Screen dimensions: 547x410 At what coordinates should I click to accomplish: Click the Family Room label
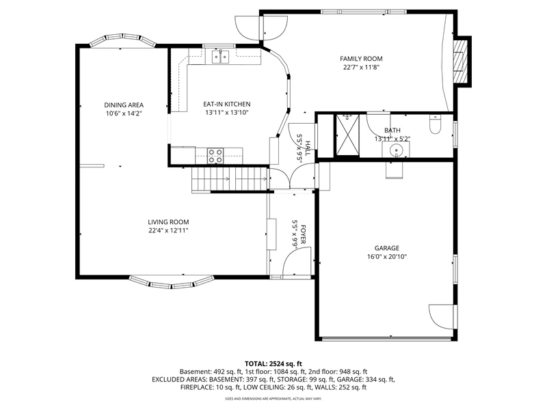point(361,59)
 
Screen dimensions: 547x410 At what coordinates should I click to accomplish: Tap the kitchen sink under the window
point(220,57)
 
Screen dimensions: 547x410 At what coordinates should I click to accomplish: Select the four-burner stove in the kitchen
point(215,156)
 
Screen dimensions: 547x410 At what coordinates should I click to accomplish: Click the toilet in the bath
point(435,124)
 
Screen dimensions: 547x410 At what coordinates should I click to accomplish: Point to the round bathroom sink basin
point(396,150)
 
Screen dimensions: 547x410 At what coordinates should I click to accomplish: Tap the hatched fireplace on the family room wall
point(459,61)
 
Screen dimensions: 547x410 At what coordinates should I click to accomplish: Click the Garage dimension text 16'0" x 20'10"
point(387,257)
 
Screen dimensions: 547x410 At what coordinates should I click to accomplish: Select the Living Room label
point(168,221)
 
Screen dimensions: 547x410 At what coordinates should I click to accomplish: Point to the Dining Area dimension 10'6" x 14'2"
point(124,113)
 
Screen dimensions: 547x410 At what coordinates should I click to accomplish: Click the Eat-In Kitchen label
point(227,104)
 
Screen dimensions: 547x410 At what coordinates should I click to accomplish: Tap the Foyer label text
point(303,234)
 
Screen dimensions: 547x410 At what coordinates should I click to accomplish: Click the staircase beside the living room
point(230,179)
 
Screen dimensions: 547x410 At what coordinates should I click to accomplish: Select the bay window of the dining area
point(123,40)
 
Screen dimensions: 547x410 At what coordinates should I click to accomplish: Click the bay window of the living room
point(172,282)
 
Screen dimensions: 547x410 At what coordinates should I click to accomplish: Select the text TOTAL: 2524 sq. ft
point(273,364)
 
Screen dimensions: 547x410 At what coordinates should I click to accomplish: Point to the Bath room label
point(392,130)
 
